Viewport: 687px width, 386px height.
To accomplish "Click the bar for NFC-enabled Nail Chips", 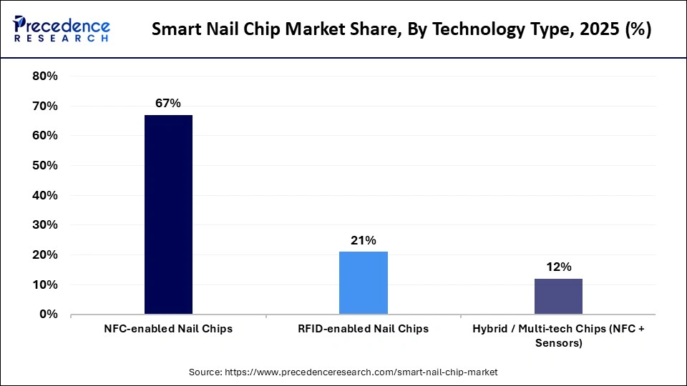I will tap(168, 214).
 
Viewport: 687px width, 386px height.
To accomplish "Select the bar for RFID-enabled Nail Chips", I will tap(363, 282).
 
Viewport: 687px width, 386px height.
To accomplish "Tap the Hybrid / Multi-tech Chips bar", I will tap(558, 296).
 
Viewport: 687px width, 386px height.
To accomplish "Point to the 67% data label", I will tap(168, 104).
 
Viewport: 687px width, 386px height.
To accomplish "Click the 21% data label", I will tap(363, 241).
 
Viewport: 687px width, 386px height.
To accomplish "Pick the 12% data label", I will tap(558, 267).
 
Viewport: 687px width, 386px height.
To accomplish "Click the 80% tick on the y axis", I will tap(45, 76).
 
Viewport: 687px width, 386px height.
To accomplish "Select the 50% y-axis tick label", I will tap(45, 166).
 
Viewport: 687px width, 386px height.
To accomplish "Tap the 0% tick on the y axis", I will tap(49, 315).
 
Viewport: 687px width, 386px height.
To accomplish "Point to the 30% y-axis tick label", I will tap(45, 225).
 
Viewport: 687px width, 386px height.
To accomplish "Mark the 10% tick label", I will tap(45, 284).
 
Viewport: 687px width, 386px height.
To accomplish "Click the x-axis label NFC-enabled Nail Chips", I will tap(168, 329).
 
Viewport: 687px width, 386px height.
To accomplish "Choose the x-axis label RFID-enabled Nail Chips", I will tap(363, 329).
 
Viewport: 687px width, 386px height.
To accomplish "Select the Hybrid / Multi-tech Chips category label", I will tap(558, 335).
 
